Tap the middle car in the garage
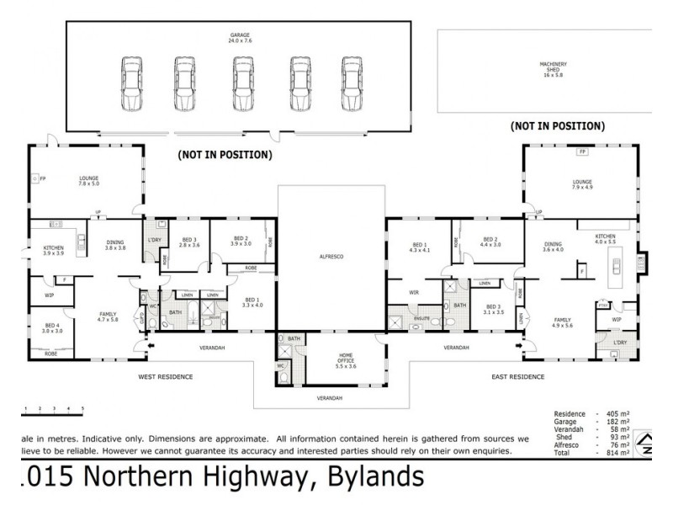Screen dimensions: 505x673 (x=244, y=83)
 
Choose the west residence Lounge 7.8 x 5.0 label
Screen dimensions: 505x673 (x=89, y=182)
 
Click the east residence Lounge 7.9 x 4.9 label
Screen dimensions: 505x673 (x=582, y=183)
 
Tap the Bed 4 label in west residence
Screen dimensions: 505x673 (x=52, y=328)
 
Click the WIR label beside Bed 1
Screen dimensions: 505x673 (x=413, y=292)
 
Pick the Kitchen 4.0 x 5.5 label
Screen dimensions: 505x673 (x=606, y=239)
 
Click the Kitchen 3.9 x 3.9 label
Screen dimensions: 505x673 (x=54, y=250)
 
